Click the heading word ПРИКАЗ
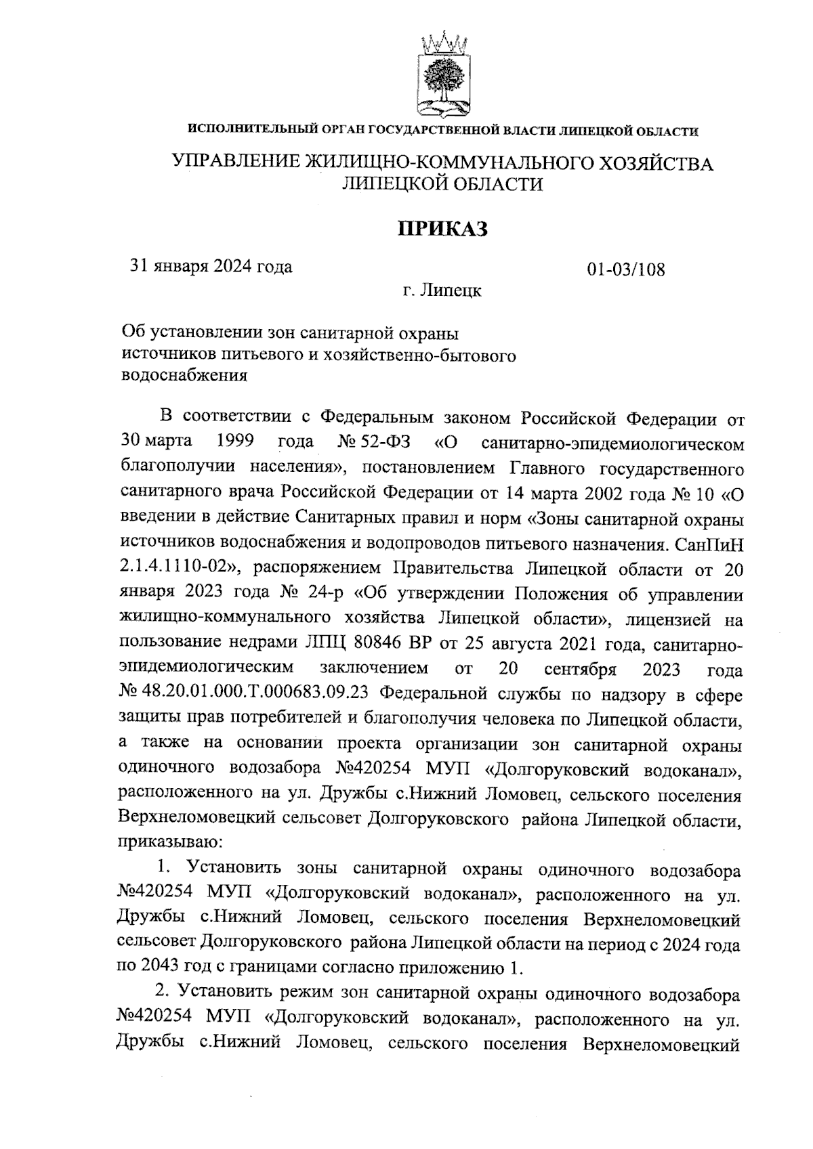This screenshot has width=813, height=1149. pyautogui.click(x=442, y=229)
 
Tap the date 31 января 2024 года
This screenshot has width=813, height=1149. pyautogui.click(x=211, y=266)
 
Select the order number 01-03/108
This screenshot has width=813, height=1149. pyautogui.click(x=626, y=269)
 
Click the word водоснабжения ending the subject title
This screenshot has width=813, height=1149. pyautogui.click(x=184, y=374)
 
